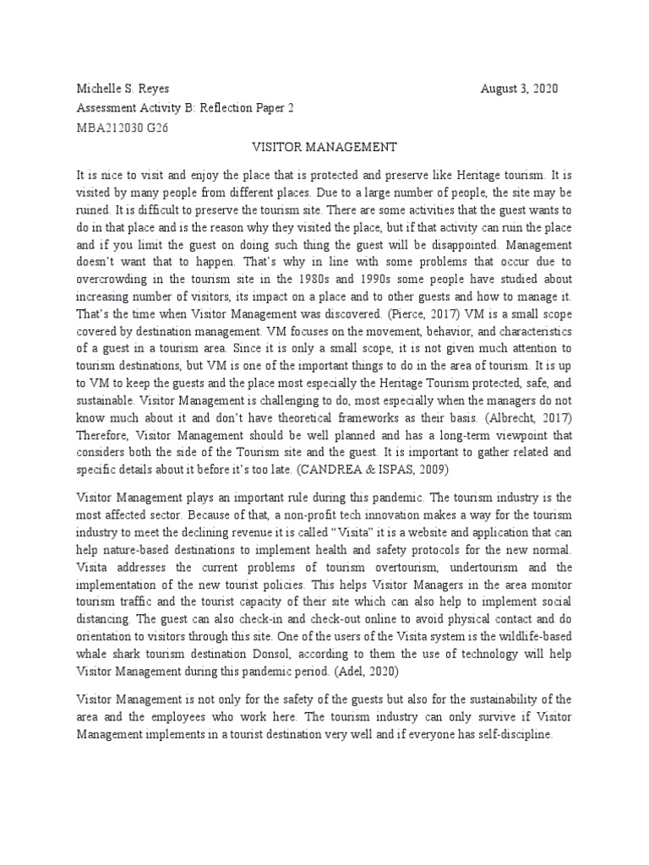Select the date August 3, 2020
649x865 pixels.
tap(519, 89)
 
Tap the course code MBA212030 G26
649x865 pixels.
tap(122, 128)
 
